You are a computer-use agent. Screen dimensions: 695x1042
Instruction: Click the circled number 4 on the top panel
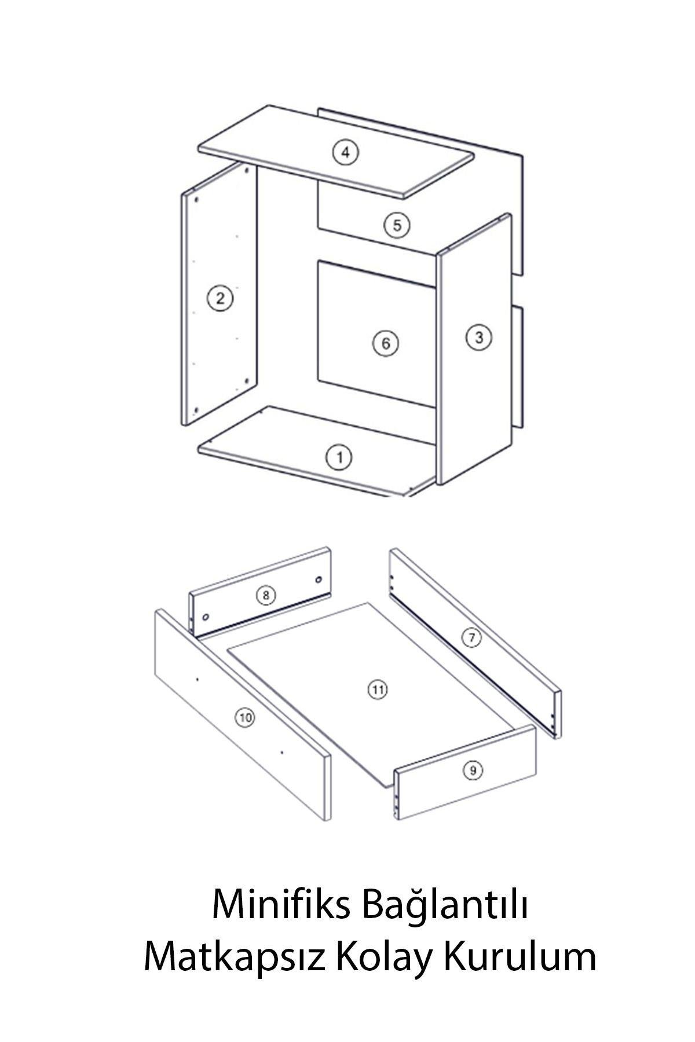click(x=346, y=153)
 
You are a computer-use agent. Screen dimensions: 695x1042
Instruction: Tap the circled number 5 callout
click(x=397, y=225)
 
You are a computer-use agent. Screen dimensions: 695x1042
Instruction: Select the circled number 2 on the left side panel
click(x=220, y=299)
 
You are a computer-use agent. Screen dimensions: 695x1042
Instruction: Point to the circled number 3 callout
click(x=478, y=337)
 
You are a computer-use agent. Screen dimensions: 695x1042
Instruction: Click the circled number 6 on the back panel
click(x=385, y=344)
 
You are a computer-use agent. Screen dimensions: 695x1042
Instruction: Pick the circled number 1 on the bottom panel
click(x=340, y=458)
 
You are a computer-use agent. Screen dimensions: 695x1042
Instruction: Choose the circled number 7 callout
click(x=471, y=638)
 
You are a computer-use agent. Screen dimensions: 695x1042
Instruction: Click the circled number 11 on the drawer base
click(x=377, y=689)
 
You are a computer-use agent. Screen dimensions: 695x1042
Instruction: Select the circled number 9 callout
click(x=473, y=770)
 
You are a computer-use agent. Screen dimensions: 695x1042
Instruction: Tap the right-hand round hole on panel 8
click(x=318, y=579)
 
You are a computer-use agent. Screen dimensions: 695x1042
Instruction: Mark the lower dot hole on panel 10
click(x=281, y=753)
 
